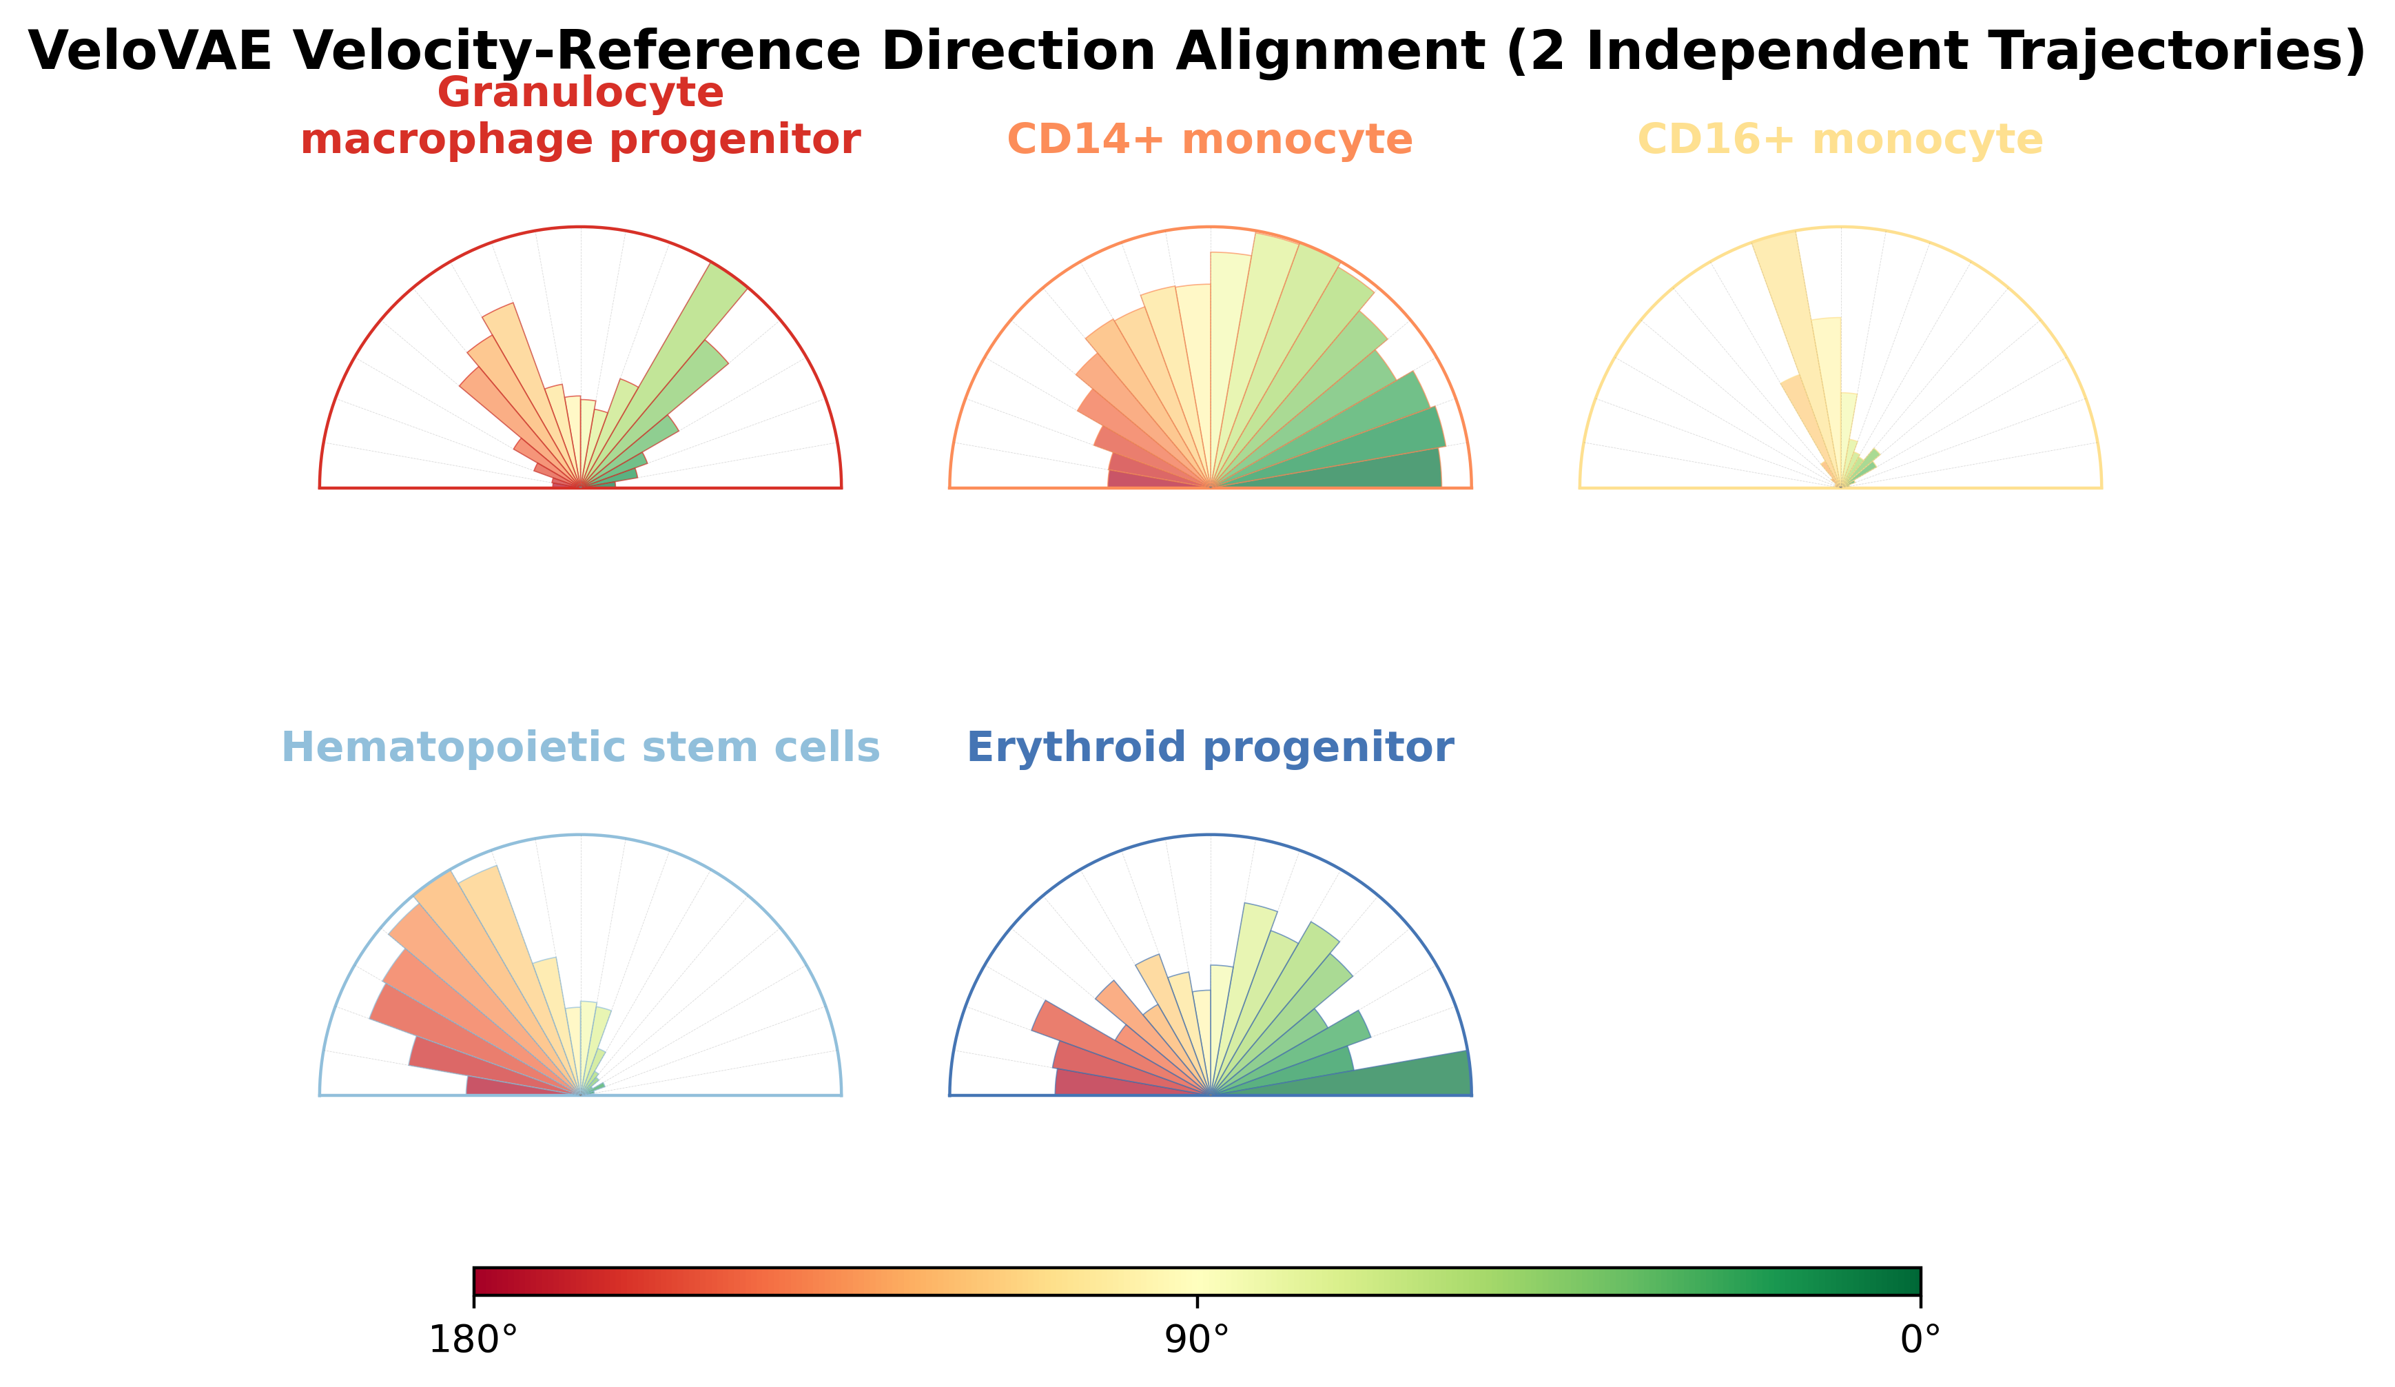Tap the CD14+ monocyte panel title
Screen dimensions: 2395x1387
click(1210, 140)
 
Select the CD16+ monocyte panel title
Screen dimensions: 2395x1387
click(1840, 140)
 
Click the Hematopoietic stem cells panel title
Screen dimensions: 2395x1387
click(581, 747)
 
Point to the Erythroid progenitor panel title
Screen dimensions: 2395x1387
click(1210, 747)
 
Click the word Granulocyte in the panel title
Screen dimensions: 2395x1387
click(581, 93)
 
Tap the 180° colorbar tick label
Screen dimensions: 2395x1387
click(473, 1340)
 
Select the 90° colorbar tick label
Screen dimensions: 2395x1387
click(1197, 1340)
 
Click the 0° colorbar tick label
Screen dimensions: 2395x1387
click(1920, 1340)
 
